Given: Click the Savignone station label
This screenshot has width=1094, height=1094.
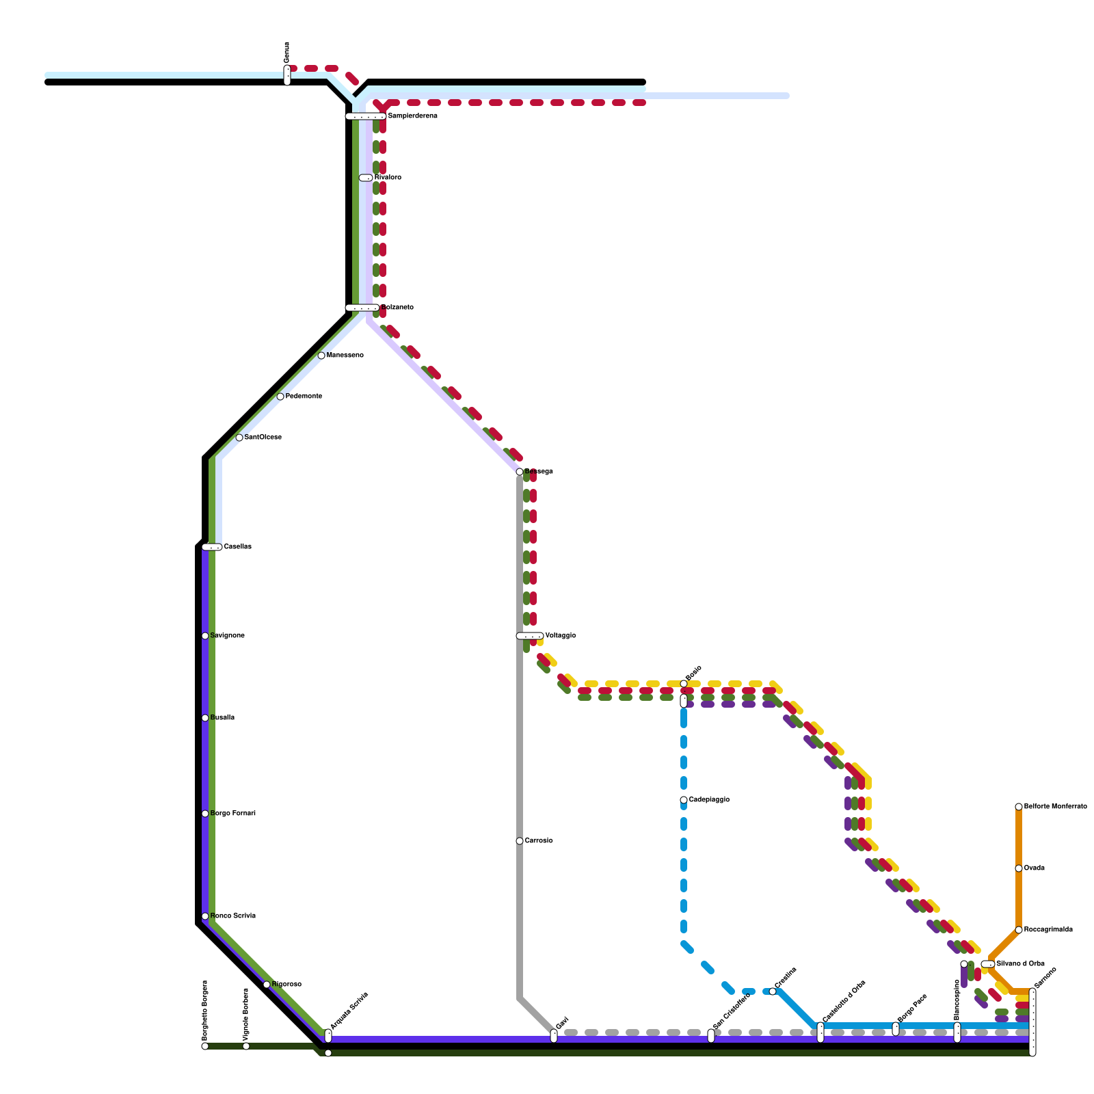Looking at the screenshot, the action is [227, 636].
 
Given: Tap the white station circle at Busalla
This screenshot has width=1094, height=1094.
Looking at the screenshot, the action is [205, 718].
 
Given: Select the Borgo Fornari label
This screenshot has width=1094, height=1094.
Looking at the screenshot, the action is [232, 814].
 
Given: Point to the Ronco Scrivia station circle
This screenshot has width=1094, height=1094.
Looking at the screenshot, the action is [205, 916].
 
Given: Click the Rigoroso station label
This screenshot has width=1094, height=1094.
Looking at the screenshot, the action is [286, 985].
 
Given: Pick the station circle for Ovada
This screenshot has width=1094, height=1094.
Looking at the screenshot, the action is [1019, 868].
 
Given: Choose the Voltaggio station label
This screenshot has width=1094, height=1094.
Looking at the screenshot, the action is [560, 636].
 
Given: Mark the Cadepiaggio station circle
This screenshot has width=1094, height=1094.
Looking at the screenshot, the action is [684, 800].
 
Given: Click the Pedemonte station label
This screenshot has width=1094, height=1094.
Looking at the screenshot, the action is [304, 397].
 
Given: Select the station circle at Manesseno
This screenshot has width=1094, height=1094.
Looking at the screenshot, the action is [321, 356].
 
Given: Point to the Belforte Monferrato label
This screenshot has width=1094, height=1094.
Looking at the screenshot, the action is [1055, 807].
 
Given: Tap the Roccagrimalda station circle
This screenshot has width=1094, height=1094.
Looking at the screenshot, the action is [1019, 930].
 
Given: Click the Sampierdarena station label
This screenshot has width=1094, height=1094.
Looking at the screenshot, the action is [412, 116].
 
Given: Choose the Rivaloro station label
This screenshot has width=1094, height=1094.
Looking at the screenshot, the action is [388, 178].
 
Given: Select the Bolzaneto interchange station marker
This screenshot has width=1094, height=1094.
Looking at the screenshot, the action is [362, 308].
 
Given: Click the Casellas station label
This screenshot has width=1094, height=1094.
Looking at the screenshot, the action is [237, 547].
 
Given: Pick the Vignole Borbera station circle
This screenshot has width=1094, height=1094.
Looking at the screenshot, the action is [246, 1046].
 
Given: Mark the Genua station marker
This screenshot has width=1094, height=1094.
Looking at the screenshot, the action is [287, 75].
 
